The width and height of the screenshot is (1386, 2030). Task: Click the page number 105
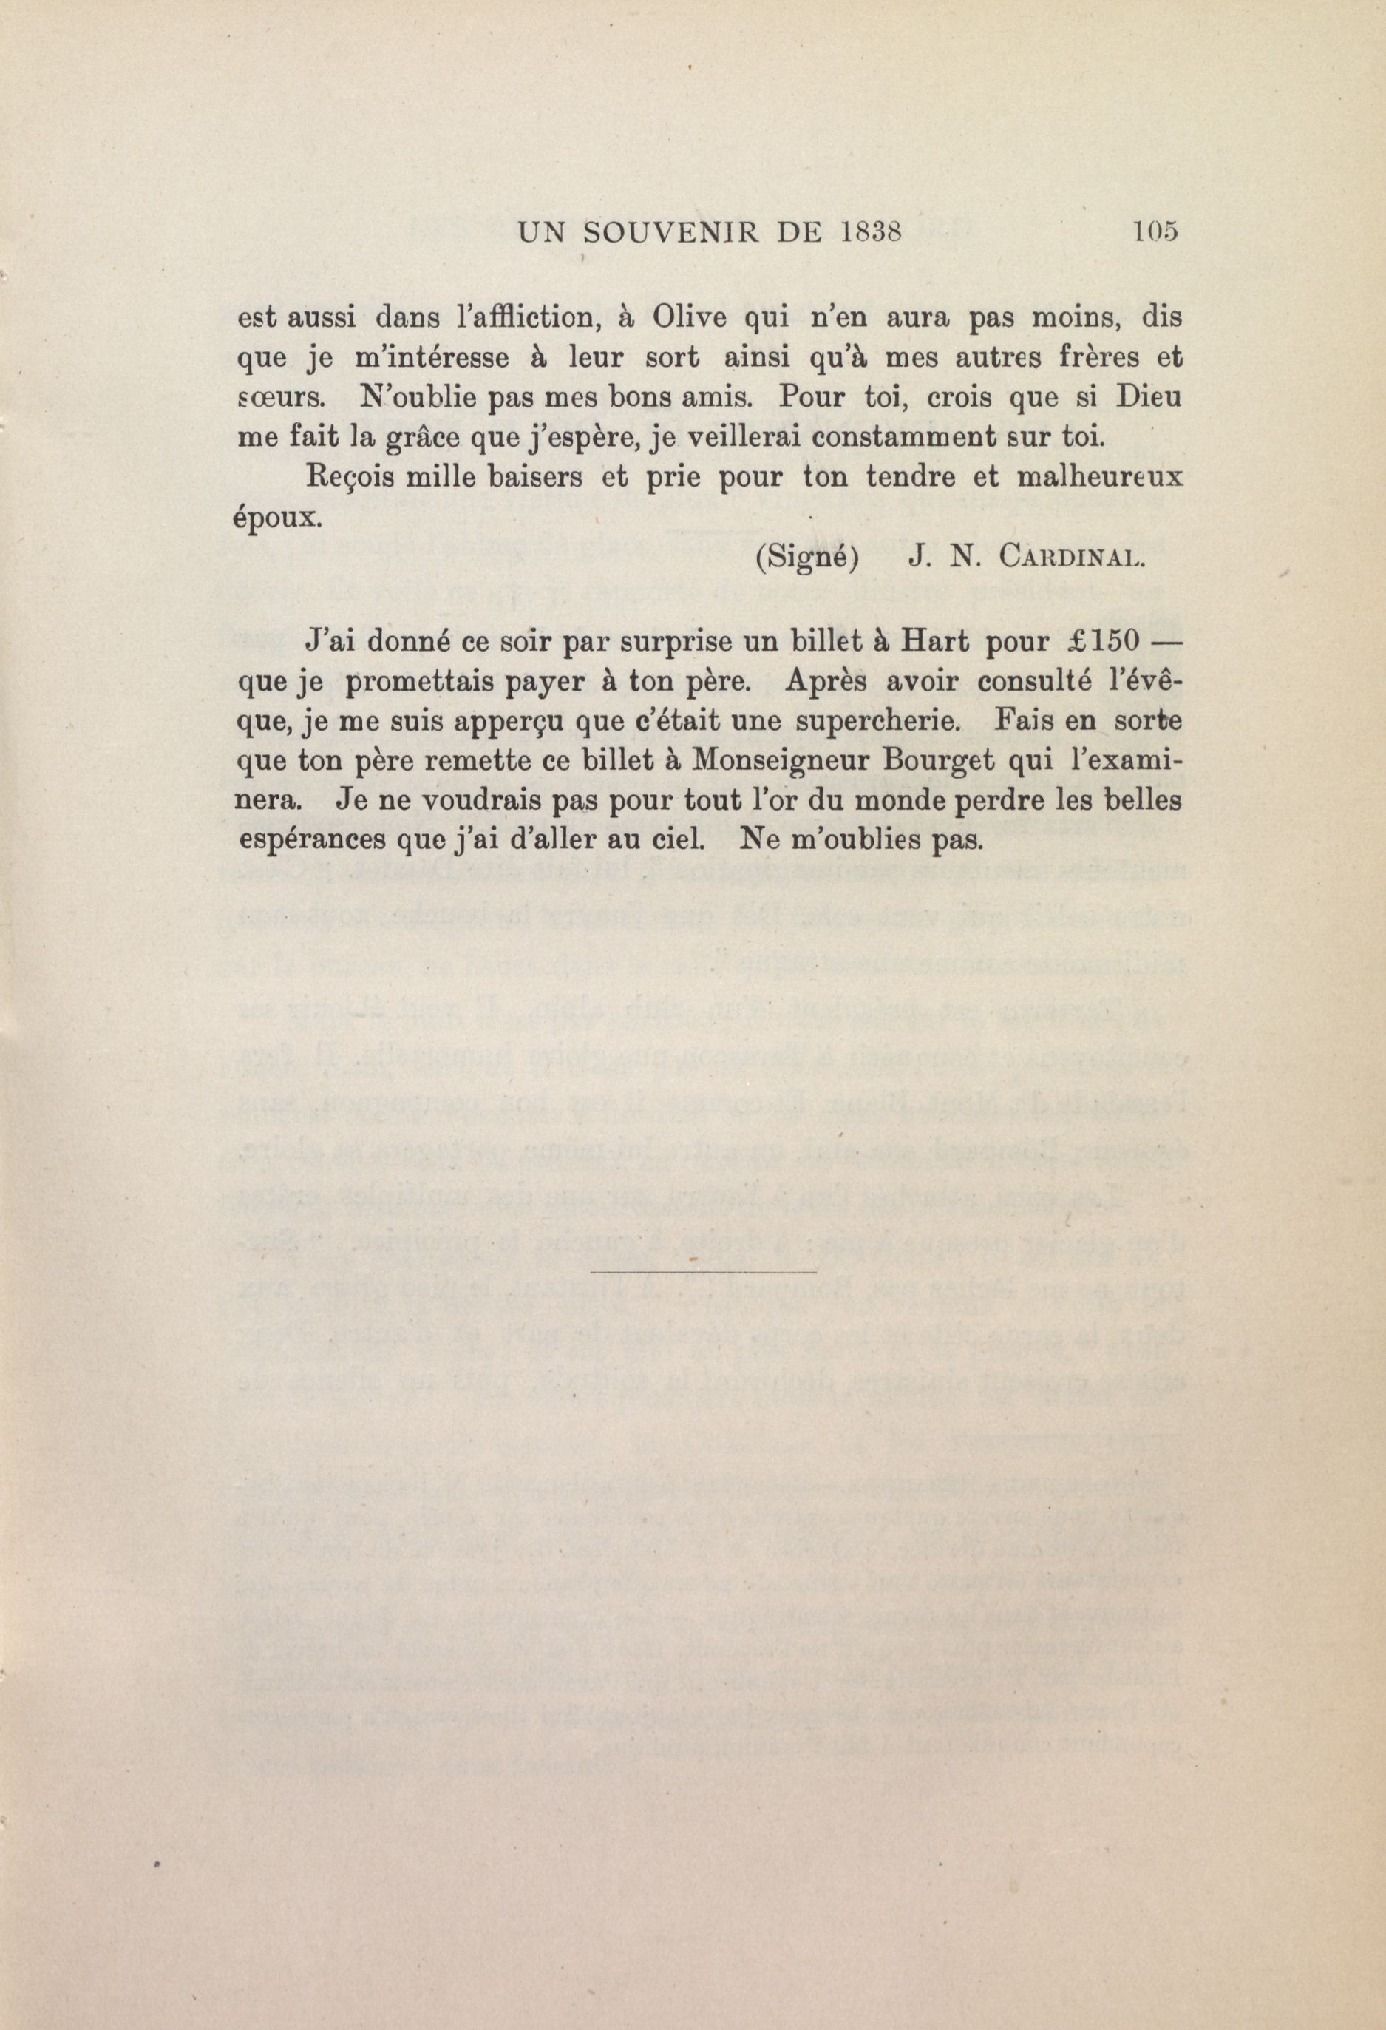point(1155,231)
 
